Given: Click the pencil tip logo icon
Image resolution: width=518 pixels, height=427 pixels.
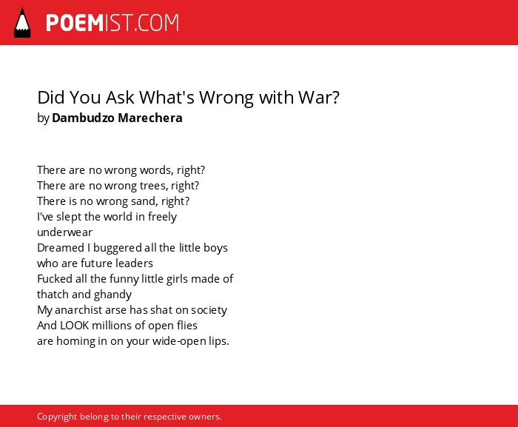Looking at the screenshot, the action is coord(22,22).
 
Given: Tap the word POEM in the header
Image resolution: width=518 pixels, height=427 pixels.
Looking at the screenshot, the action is coord(75,23).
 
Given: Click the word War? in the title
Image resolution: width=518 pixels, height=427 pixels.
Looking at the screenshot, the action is coord(319,98).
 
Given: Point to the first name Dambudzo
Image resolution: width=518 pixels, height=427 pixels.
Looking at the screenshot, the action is coord(83,118).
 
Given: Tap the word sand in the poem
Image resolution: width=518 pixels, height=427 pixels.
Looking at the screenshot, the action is coord(145,201).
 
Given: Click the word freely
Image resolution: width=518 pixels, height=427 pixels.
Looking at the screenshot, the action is coord(162,217).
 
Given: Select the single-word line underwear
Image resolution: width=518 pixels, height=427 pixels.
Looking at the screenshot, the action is coord(65,232).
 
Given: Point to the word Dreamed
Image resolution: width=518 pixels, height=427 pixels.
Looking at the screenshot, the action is coord(61,248).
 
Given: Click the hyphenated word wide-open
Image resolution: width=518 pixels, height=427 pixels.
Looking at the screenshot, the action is coord(179,341).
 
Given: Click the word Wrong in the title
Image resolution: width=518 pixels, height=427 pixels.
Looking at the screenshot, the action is coord(227,98).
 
